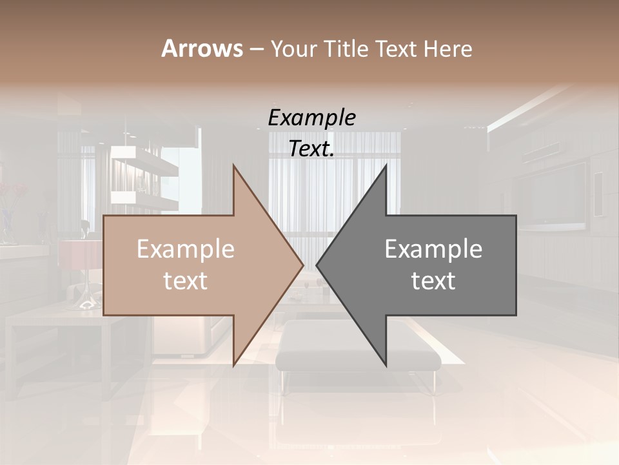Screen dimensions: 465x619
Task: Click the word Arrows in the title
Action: (202, 48)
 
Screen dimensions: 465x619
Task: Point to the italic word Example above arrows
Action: (312, 118)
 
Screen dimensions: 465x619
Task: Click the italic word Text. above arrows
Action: (312, 149)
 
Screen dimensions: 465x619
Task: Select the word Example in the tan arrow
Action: (186, 249)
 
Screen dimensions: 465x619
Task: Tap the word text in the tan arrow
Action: (186, 280)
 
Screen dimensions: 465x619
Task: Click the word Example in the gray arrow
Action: (433, 249)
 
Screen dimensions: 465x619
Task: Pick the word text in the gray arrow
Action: (433, 280)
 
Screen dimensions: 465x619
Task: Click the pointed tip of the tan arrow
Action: (302, 265)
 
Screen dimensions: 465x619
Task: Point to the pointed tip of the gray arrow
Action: (317, 265)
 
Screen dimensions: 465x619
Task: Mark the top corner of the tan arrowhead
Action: (234, 166)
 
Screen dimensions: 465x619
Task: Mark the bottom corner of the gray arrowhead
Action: (386, 365)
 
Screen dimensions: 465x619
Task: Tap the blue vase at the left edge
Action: (6, 223)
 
